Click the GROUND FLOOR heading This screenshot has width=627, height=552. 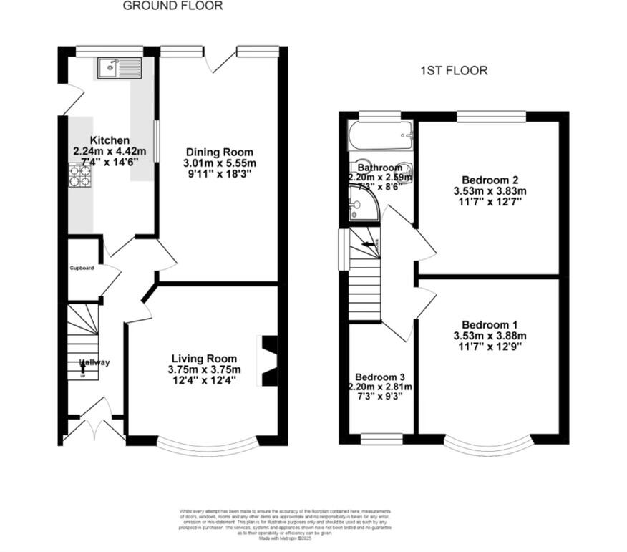172,6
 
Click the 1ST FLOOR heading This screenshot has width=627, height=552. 453,71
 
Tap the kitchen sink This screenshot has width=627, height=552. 120,68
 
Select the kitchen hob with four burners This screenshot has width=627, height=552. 81,175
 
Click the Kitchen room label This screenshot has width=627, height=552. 110,140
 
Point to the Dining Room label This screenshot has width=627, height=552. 220,152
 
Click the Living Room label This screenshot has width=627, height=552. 204,358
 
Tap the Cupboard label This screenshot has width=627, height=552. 82,268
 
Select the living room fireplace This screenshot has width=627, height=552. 269,362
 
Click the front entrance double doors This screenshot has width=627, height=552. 94,425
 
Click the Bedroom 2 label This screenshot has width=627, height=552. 490,180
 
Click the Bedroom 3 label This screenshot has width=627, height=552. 380,377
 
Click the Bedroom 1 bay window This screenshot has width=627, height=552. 490,447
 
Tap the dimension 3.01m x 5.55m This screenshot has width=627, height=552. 220,163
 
